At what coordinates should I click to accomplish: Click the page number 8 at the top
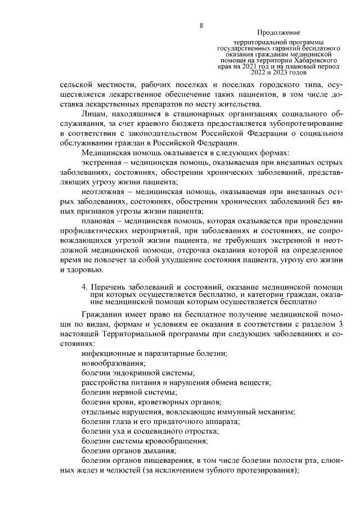(201, 25)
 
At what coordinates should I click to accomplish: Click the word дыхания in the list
(155, 451)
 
